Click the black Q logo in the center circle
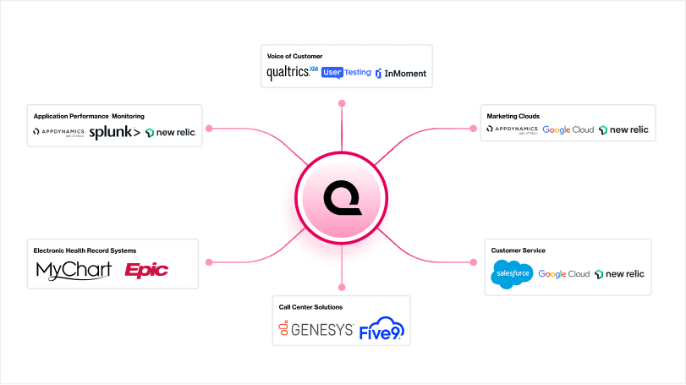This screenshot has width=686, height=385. [342, 200]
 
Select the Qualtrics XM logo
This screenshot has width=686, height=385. [292, 73]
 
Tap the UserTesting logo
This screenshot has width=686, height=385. [346, 73]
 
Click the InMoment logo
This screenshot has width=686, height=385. [401, 74]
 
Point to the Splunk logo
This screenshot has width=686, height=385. [114, 132]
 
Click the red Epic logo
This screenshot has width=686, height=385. [146, 270]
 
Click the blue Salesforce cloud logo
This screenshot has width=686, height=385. [512, 274]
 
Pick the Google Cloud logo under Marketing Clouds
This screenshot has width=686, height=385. [568, 130]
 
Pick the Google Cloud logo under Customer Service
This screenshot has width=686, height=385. [563, 274]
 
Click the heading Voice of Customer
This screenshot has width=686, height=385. [294, 56]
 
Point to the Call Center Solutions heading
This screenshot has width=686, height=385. [310, 306]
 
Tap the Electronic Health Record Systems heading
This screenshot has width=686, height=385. [85, 250]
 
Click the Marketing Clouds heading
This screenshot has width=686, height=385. [513, 116]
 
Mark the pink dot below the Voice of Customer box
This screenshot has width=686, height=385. [342, 103]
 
